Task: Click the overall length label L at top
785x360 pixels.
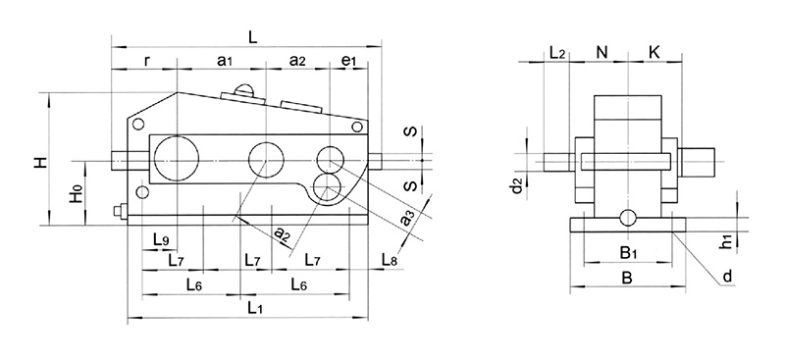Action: tap(252, 36)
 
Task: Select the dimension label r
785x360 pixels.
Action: tap(146, 61)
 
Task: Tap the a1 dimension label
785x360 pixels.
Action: tap(223, 61)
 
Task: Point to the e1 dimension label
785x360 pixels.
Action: tap(347, 61)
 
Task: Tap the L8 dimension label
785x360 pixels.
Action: tap(388, 260)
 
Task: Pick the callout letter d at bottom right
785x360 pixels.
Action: tap(726, 278)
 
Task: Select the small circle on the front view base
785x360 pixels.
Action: tap(627, 215)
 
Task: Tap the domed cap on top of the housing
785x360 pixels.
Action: tap(243, 91)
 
